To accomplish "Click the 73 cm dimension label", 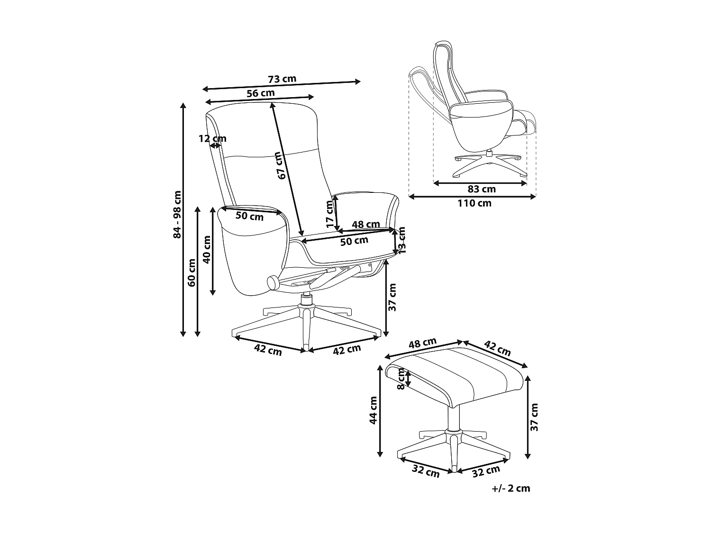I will (x=282, y=79).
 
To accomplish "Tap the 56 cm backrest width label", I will (x=261, y=93).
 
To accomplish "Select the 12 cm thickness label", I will (x=212, y=138).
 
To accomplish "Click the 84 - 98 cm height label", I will (x=178, y=214).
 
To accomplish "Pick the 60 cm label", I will (x=191, y=272).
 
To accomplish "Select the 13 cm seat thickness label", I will (x=402, y=240).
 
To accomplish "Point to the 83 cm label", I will (x=482, y=189).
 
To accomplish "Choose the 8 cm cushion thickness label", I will (x=401, y=379).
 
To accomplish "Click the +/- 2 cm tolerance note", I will (x=511, y=488).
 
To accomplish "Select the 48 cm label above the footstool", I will (x=422, y=343).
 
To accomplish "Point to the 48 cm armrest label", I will (x=365, y=224).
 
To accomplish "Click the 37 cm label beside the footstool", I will (x=535, y=417).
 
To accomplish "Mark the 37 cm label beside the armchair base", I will (x=392, y=297).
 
